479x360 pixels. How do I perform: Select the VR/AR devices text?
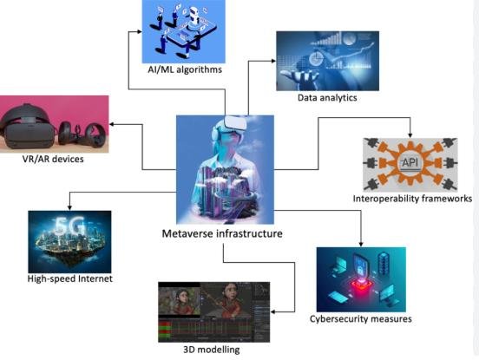[55, 159]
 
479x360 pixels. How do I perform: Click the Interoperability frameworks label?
[412, 199]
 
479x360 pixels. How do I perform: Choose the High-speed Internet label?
[69, 278]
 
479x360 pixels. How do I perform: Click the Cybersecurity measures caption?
[360, 318]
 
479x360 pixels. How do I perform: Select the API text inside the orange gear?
[409, 163]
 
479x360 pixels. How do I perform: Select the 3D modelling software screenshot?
[214, 311]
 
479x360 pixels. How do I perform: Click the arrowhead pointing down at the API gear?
[409, 134]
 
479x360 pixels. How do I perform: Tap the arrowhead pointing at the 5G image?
[70, 206]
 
